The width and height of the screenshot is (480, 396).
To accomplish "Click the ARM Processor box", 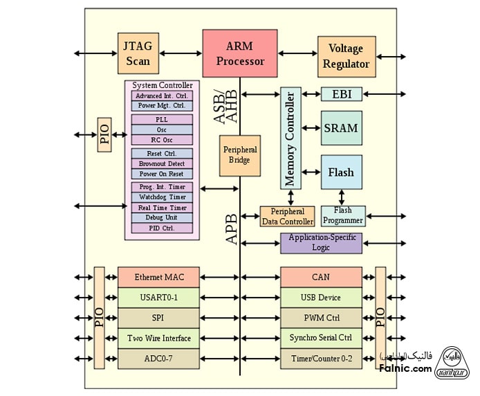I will [240, 53].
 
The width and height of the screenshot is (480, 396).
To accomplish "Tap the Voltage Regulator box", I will [347, 57].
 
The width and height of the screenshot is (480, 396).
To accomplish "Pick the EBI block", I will [341, 93].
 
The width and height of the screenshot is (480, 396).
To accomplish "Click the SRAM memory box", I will [341, 127].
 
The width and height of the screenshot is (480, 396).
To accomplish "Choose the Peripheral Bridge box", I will [240, 155].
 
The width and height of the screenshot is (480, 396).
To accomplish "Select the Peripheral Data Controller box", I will [287, 216].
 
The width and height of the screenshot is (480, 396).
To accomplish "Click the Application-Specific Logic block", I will [321, 242].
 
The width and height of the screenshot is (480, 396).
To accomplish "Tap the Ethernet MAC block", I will [159, 277].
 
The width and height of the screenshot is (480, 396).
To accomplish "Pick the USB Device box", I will [321, 298].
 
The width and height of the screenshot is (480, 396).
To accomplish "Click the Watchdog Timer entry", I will [162, 197].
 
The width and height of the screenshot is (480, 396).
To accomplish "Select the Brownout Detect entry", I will [162, 164].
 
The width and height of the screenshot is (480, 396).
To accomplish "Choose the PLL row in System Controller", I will [162, 119].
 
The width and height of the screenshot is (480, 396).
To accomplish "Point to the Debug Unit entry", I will [162, 217].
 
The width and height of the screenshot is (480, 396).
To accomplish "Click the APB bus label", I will [231, 228].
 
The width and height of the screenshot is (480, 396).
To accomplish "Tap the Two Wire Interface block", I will [159, 338].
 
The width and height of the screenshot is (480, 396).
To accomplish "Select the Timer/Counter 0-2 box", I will [321, 359].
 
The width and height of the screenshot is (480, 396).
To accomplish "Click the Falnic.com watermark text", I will [405, 369].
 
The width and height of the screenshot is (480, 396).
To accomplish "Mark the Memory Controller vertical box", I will [290, 138].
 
